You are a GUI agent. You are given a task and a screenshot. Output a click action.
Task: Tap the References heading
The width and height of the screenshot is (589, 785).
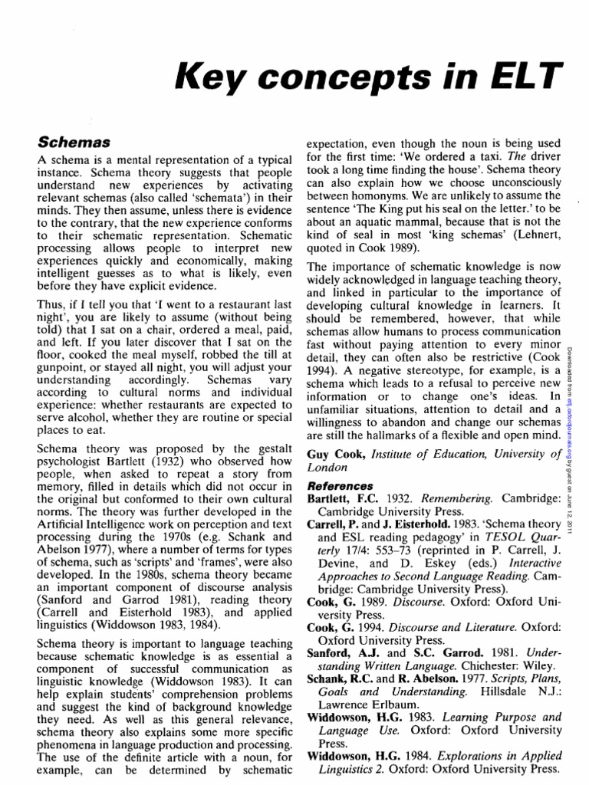point(341,486)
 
